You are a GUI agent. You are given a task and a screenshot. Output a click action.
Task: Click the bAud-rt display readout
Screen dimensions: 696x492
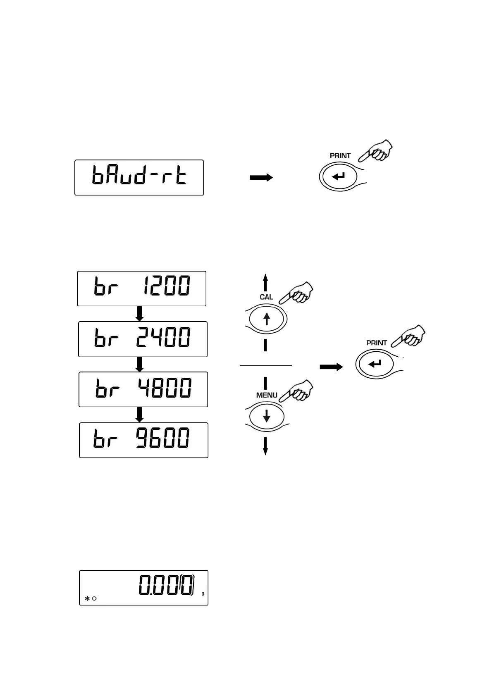(139, 177)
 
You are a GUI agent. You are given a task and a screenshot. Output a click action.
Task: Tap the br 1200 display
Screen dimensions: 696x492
(141, 288)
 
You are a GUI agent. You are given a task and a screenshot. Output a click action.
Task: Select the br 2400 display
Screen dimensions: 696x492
(143, 339)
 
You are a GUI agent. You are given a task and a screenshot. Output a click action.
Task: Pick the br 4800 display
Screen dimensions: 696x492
(143, 389)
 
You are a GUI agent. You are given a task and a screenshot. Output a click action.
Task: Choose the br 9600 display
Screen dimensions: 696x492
(143, 440)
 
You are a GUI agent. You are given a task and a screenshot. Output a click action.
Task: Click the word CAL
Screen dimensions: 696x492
(266, 297)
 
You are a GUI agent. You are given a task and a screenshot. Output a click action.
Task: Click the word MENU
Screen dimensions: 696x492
(267, 395)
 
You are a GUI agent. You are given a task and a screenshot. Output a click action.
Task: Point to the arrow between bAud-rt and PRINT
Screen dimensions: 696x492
(261, 178)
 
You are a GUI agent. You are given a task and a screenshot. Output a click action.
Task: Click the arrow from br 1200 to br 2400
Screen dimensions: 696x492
(140, 314)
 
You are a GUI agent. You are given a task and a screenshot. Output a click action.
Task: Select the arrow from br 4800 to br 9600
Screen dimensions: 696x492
(140, 415)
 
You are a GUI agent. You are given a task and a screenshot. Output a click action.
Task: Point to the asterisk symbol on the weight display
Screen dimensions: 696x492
(87, 598)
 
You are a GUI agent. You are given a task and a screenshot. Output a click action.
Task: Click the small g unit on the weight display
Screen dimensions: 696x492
(203, 593)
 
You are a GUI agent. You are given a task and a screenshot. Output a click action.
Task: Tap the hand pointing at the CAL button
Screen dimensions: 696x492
(296, 293)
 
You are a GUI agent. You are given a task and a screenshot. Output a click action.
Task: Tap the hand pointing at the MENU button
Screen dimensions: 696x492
(297, 391)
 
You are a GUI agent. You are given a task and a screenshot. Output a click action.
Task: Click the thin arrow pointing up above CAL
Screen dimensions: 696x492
(265, 283)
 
